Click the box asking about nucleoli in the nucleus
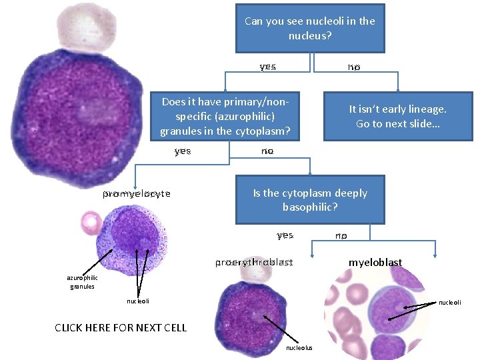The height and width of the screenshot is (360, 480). click(310, 28)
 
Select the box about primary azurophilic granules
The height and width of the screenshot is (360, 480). click(225, 116)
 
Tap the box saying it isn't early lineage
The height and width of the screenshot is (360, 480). click(398, 116)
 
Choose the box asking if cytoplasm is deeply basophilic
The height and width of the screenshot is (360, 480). click(310, 199)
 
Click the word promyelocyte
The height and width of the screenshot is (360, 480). click(136, 194)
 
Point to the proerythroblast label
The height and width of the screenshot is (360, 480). click(253, 262)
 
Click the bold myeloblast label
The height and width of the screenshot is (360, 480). click(375, 262)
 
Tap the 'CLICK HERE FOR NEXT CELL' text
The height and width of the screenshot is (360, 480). click(121, 327)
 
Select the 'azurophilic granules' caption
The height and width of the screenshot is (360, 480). click(82, 282)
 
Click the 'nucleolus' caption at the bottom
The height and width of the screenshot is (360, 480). click(298, 347)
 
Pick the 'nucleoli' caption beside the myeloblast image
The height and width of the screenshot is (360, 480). click(450, 302)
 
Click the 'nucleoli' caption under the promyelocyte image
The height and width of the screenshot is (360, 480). click(138, 301)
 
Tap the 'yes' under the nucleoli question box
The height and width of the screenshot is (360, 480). click(267, 67)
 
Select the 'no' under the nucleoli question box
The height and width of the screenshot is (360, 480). click(354, 67)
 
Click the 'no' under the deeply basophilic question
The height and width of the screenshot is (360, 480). click(341, 235)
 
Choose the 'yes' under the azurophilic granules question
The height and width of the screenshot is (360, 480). click(183, 151)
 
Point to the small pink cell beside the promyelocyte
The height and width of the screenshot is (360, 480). click(89, 222)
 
